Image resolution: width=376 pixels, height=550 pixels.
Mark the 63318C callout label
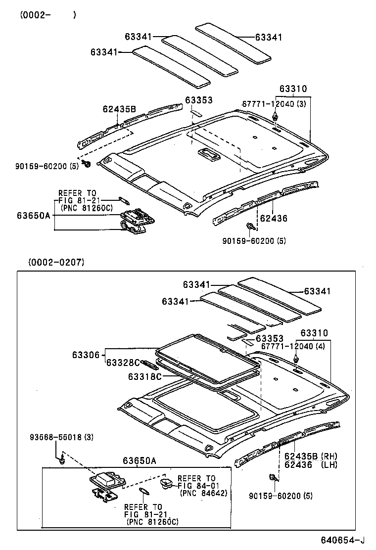tap(145, 376)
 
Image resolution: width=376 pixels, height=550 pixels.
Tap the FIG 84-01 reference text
tap(196, 486)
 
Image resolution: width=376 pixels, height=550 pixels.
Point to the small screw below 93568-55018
tap(62, 460)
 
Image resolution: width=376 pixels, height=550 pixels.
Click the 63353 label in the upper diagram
tap(199, 100)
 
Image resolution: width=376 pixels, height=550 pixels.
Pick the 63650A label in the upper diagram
tap(33, 216)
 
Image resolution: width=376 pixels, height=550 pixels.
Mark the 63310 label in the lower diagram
tap(314, 333)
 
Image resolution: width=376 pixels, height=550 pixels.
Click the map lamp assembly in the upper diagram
tap(136, 221)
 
